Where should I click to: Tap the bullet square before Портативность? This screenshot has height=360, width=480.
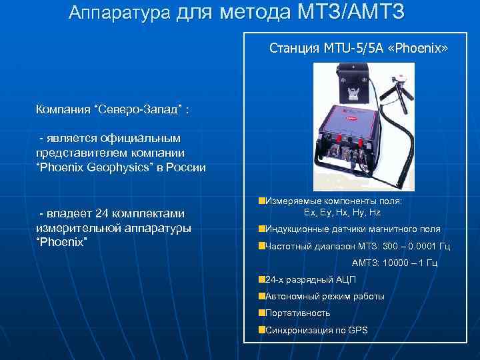click(x=261, y=312)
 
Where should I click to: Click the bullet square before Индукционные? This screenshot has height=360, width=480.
click(x=261, y=228)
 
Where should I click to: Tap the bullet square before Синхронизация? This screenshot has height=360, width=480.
click(x=261, y=329)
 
